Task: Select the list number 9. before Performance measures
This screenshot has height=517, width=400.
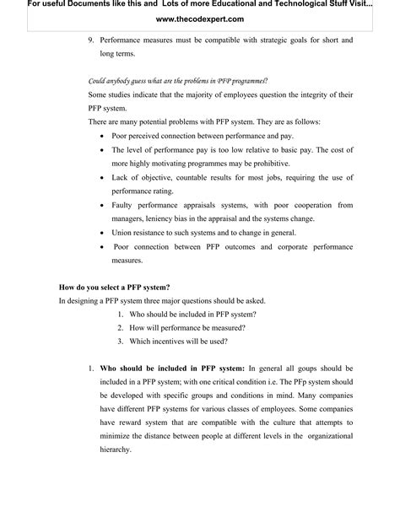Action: click(91, 40)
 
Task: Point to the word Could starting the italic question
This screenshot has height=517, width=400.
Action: click(98, 81)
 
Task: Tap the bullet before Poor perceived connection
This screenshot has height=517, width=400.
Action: click(103, 136)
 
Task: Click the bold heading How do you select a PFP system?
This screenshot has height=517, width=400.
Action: click(114, 288)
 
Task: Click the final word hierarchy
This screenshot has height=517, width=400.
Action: click(116, 450)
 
